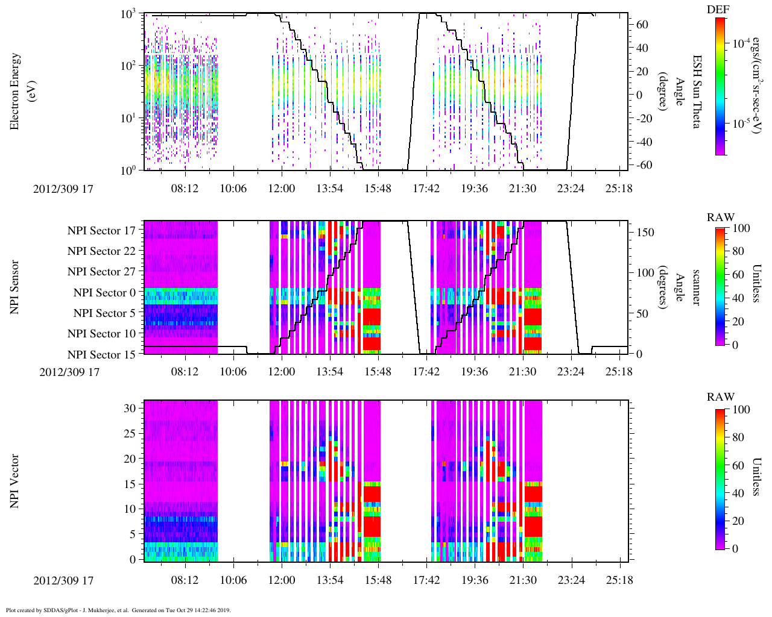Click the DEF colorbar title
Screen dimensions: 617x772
[718, 9]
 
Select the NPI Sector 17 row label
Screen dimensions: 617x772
[101, 231]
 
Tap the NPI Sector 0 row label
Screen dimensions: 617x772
[104, 293]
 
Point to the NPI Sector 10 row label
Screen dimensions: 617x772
[101, 334]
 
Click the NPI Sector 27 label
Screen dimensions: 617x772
[101, 272]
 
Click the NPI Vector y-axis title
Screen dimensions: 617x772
[15, 481]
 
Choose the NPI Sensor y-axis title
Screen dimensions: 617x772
[15, 287]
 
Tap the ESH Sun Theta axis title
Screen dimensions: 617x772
[697, 91]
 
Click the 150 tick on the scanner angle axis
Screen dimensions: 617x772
[645, 233]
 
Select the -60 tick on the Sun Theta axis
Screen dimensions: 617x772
[642, 165]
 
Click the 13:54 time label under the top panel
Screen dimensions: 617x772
[329, 189]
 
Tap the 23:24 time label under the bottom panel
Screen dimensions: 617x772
[571, 581]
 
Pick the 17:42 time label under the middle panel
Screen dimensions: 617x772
[426, 372]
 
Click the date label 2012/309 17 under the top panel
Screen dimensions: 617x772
[63, 189]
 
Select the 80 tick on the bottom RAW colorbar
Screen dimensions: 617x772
[738, 437]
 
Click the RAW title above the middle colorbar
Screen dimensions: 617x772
[721, 218]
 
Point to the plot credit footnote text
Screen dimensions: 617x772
[118, 610]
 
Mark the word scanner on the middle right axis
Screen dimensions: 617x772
[696, 287]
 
